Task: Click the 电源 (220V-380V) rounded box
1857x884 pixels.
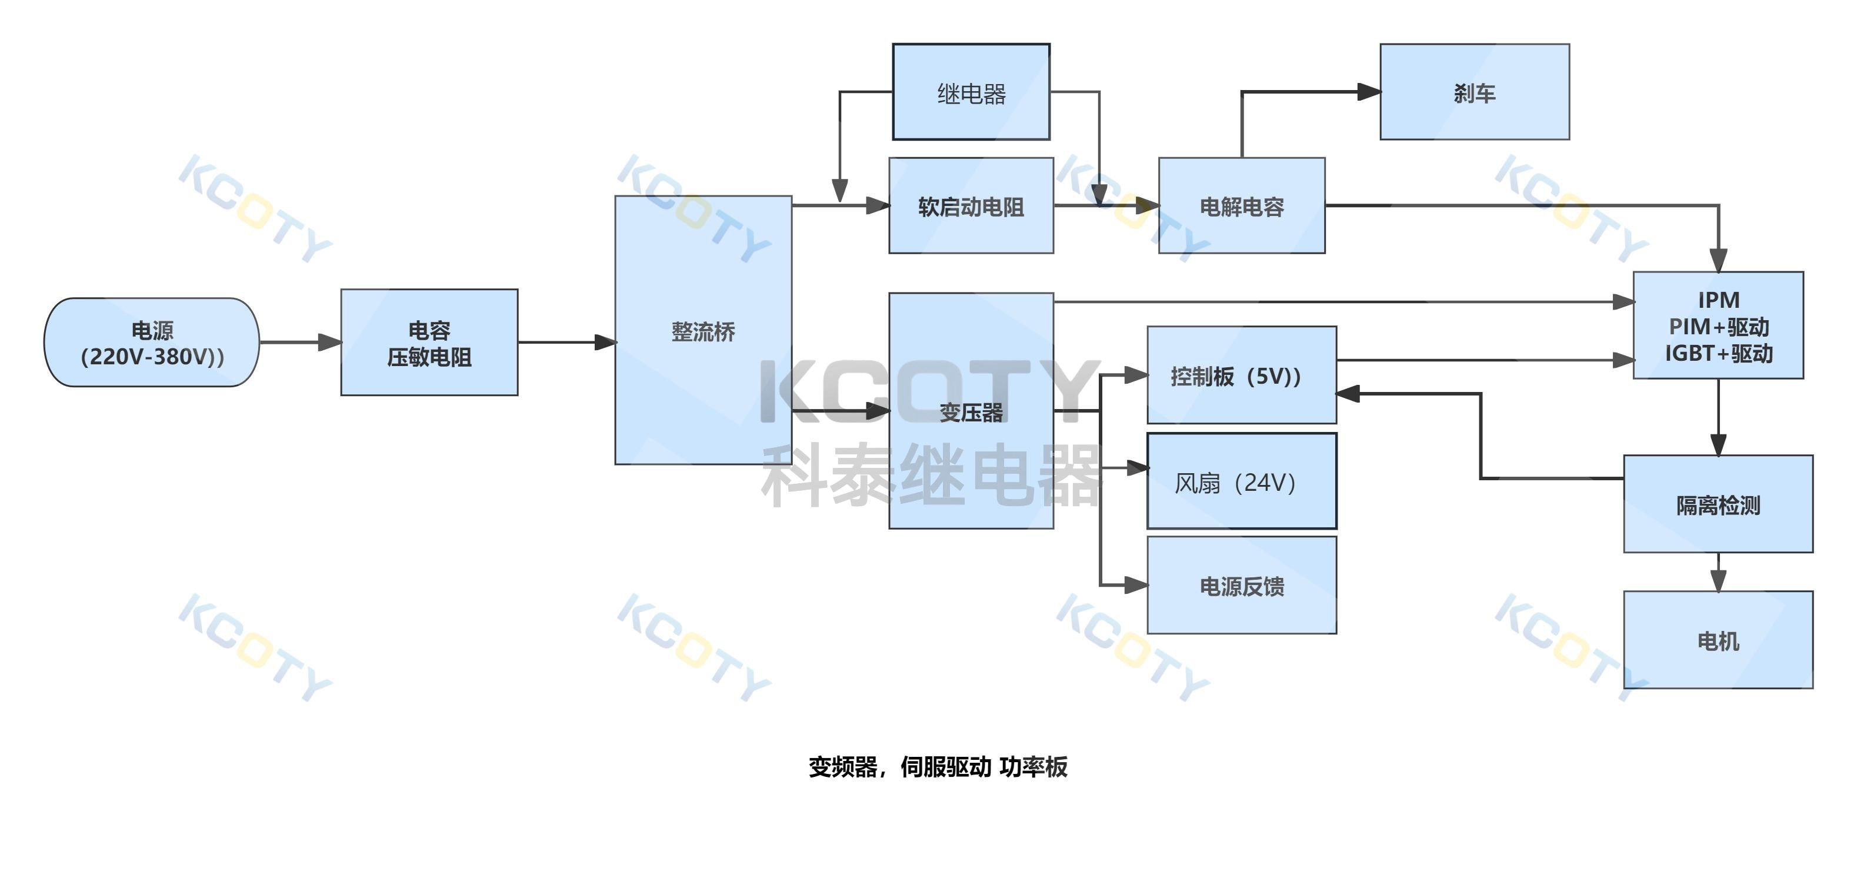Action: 151,343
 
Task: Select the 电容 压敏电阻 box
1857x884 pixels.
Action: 429,343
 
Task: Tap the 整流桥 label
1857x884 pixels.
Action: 703,332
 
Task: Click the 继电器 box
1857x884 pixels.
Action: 971,92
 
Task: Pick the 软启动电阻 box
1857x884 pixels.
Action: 971,206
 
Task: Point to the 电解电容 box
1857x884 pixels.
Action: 1241,206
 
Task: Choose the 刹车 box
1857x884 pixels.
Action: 1474,92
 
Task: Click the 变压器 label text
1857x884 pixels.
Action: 971,413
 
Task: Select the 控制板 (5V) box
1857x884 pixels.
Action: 1241,375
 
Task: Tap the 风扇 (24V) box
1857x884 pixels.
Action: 1241,481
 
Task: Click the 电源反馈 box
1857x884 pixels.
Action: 1241,586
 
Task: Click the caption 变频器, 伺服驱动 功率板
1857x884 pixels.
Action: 937,766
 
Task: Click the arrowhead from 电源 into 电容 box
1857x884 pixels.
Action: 330,343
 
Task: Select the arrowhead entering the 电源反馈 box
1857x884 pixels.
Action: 1137,585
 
